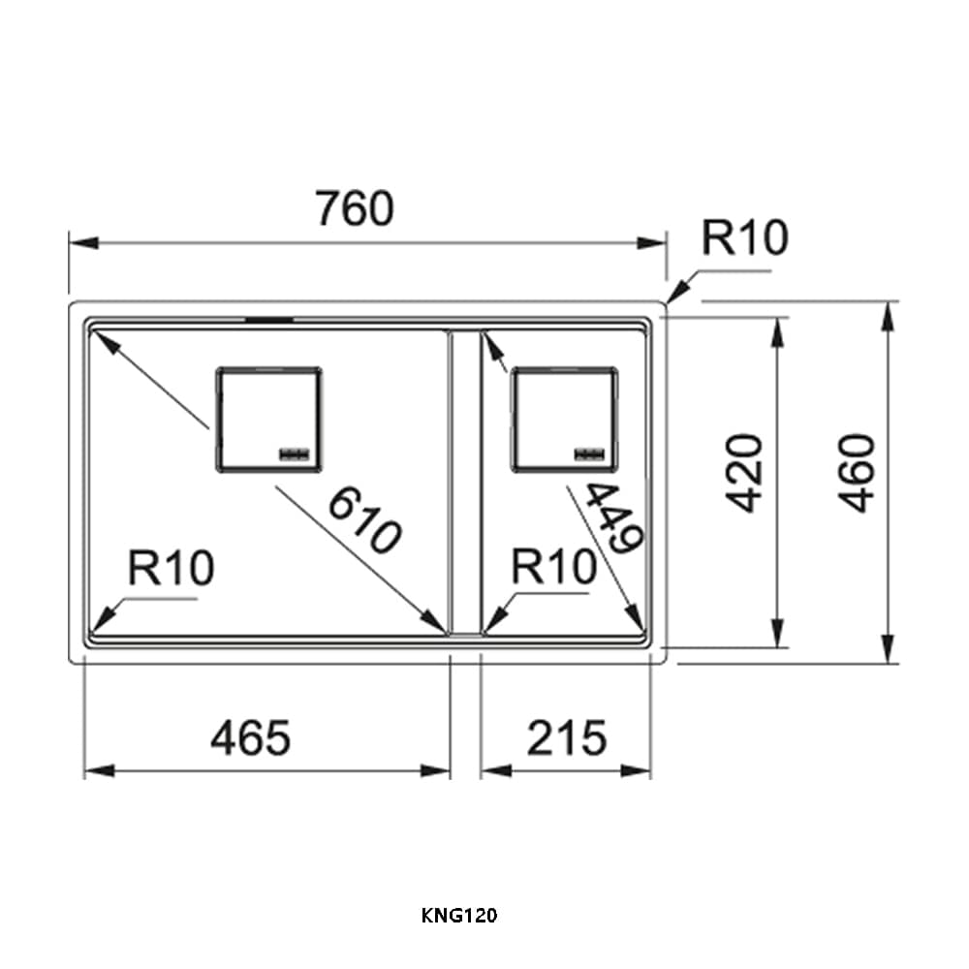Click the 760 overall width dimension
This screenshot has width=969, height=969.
354,208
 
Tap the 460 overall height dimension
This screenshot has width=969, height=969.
859,474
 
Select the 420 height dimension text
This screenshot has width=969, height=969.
745,474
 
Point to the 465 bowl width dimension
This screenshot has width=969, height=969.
250,737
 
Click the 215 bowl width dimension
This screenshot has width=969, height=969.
567,737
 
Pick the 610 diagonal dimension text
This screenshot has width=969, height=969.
364,520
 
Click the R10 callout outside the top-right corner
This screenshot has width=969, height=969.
744,237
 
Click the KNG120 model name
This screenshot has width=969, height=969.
459,916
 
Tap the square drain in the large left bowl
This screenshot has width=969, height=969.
268,420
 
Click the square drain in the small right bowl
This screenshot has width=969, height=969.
564,420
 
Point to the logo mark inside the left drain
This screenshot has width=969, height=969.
295,454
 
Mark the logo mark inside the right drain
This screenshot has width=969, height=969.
589,454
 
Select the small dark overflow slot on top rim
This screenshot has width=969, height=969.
269,320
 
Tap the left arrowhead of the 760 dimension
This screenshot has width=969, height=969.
83,242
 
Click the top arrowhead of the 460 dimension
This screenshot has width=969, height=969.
888,316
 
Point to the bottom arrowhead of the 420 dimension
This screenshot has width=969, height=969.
778,633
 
